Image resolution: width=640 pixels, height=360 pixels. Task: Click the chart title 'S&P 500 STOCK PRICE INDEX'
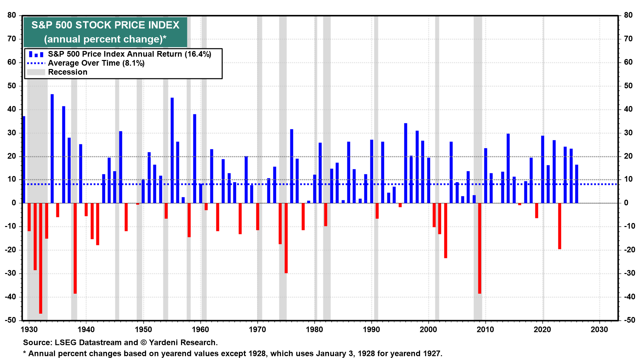tap(105, 25)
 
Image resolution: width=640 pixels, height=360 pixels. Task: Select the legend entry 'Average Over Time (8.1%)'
tap(96, 63)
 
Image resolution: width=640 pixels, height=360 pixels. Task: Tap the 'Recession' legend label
tap(68, 72)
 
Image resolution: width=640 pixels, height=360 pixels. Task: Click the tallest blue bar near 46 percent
tap(52, 148)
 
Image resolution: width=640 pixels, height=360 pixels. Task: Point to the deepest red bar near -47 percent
tap(41, 258)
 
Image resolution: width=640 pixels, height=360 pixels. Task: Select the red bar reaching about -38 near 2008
tap(480, 248)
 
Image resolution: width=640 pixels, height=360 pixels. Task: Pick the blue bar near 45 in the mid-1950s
tap(172, 150)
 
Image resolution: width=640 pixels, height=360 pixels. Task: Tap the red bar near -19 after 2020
tap(560, 226)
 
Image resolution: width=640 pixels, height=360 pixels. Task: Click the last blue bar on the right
tap(577, 184)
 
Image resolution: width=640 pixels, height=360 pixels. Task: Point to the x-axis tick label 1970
tap(257, 330)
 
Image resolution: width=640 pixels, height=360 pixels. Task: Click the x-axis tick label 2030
tap(599, 330)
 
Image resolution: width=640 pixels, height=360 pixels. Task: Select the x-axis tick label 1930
tap(29, 330)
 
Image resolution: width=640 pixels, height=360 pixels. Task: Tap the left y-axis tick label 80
tap(12, 15)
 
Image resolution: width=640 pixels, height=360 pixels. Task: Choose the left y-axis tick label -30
tap(11, 273)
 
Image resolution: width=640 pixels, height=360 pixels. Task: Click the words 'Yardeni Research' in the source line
tap(182, 343)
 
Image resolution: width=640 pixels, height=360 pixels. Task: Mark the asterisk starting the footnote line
tap(24, 353)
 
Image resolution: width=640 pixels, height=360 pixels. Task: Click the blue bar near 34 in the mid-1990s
tap(406, 163)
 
